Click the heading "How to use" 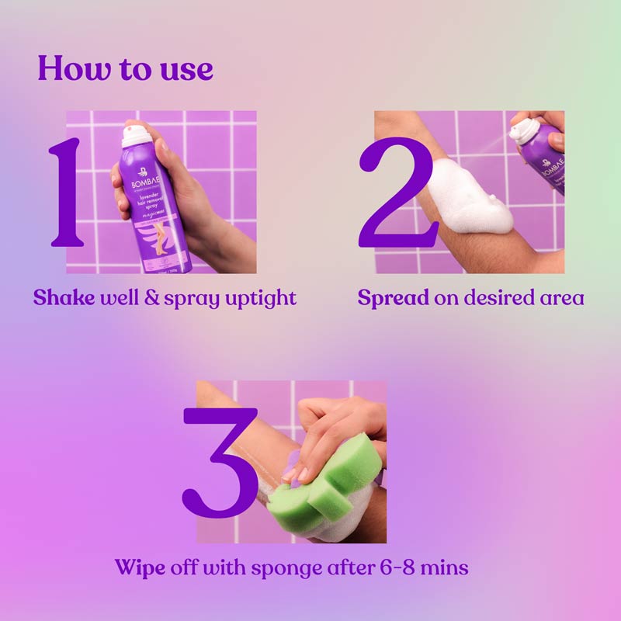point(125,68)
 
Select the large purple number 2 point(396,194)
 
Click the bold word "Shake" point(64,298)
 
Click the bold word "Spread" point(393,298)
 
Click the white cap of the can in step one point(137,137)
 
